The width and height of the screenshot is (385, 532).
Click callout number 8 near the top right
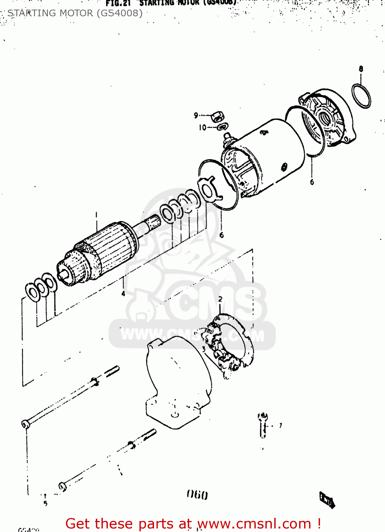[361, 69]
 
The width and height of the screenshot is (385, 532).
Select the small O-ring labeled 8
[361, 95]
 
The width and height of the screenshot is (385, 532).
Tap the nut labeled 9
[216, 116]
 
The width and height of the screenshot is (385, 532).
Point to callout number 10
[202, 127]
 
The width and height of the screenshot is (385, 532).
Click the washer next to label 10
[223, 126]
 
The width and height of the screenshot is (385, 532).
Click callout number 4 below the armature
[123, 294]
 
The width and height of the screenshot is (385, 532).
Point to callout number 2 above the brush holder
[220, 299]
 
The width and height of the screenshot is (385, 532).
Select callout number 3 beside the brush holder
[203, 349]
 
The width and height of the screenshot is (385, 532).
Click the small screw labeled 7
[263, 425]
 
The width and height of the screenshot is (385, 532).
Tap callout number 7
[280, 425]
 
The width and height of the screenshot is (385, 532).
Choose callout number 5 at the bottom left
[45, 503]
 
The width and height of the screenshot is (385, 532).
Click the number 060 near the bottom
[197, 495]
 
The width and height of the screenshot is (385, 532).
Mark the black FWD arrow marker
[327, 500]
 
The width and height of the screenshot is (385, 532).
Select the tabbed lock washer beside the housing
[210, 189]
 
